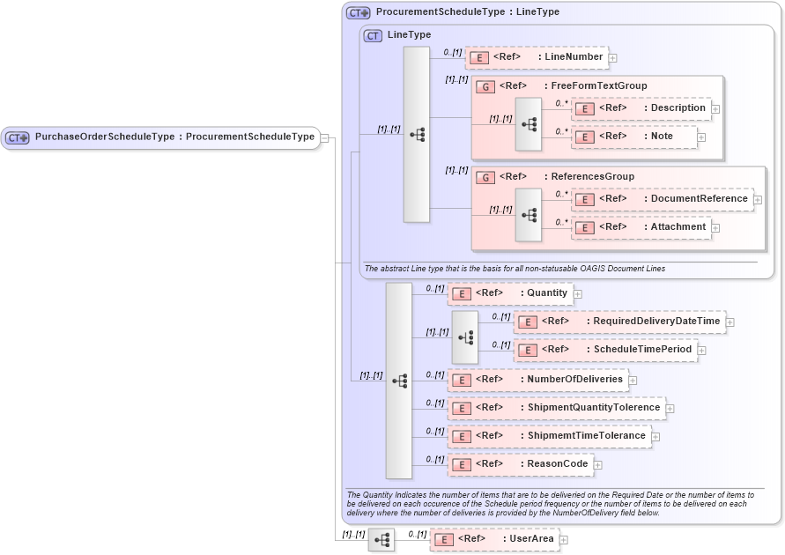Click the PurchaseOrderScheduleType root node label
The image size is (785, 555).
pos(174,137)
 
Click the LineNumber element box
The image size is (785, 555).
pos(537,57)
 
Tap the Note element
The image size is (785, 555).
pos(633,137)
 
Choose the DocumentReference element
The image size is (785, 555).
pos(662,199)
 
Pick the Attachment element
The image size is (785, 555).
pos(641,227)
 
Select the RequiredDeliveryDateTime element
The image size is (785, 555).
pos(619,322)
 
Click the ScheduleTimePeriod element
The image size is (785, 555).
pos(605,350)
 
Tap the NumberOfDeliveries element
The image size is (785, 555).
pos(537,380)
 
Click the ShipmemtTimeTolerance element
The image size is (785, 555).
pos(548,436)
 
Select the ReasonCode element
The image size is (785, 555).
pos(519,464)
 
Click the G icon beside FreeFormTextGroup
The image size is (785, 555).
pos(485,86)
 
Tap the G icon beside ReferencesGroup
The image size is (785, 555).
pos(485,177)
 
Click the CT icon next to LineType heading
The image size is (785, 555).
pos(373,35)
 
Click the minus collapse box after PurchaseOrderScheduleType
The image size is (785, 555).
pos(325,137)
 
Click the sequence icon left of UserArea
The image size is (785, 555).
pos(381,539)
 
